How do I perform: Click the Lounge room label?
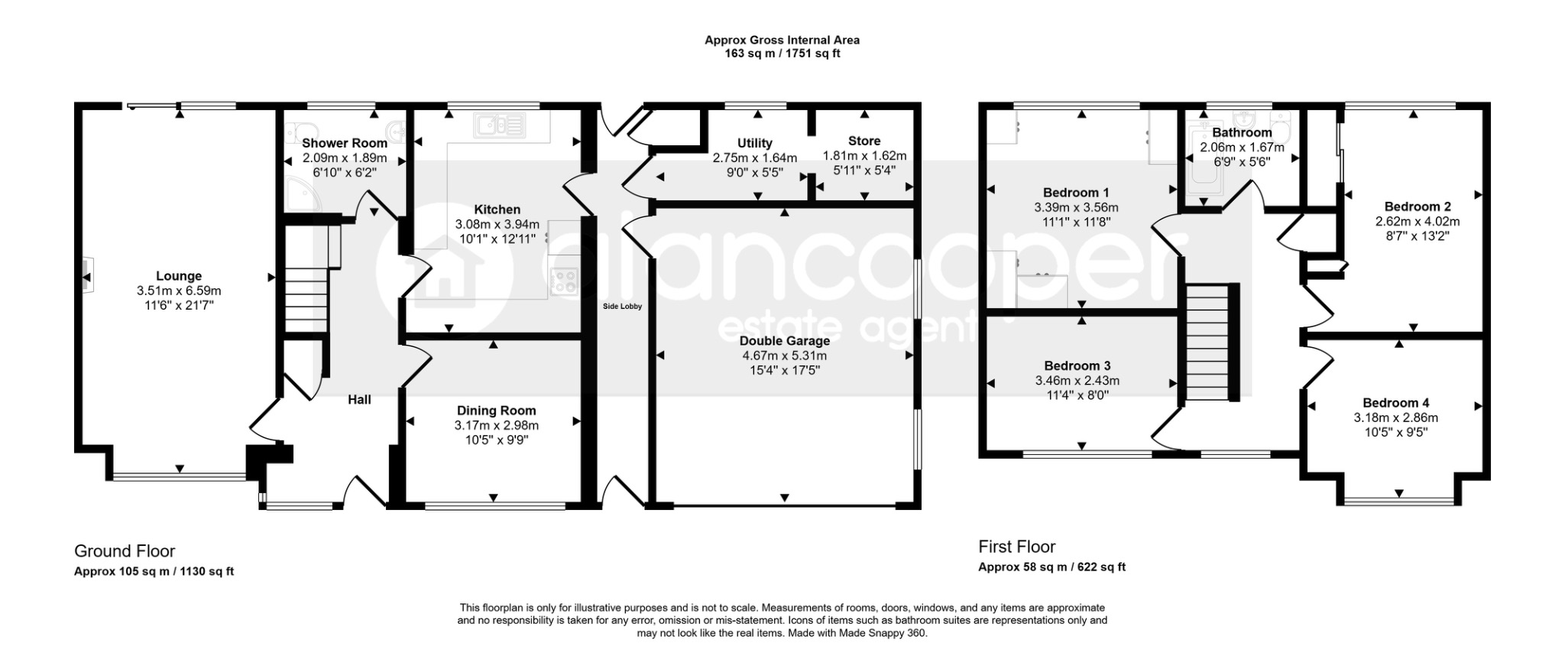pyautogui.click(x=179, y=276)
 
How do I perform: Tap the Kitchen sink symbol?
pyautogui.click(x=500, y=125)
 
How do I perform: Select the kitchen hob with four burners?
pyautogui.click(x=565, y=281)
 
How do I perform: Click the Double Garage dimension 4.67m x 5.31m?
pyautogui.click(x=785, y=356)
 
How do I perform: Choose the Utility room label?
pyautogui.click(x=755, y=143)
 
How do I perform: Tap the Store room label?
pyautogui.click(x=864, y=141)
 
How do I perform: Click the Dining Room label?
pyautogui.click(x=497, y=411)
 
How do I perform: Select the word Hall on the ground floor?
pyautogui.click(x=359, y=399)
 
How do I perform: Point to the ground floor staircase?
pyautogui.click(x=306, y=278)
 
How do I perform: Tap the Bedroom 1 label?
pyautogui.click(x=1076, y=193)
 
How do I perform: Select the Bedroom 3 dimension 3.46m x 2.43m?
pyautogui.click(x=1077, y=381)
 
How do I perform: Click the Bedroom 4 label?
pyautogui.click(x=1396, y=403)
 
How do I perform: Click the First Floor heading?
pyautogui.click(x=1017, y=547)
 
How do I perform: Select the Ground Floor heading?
pyautogui.click(x=125, y=551)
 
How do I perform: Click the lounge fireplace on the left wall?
pyautogui.click(x=86, y=274)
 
